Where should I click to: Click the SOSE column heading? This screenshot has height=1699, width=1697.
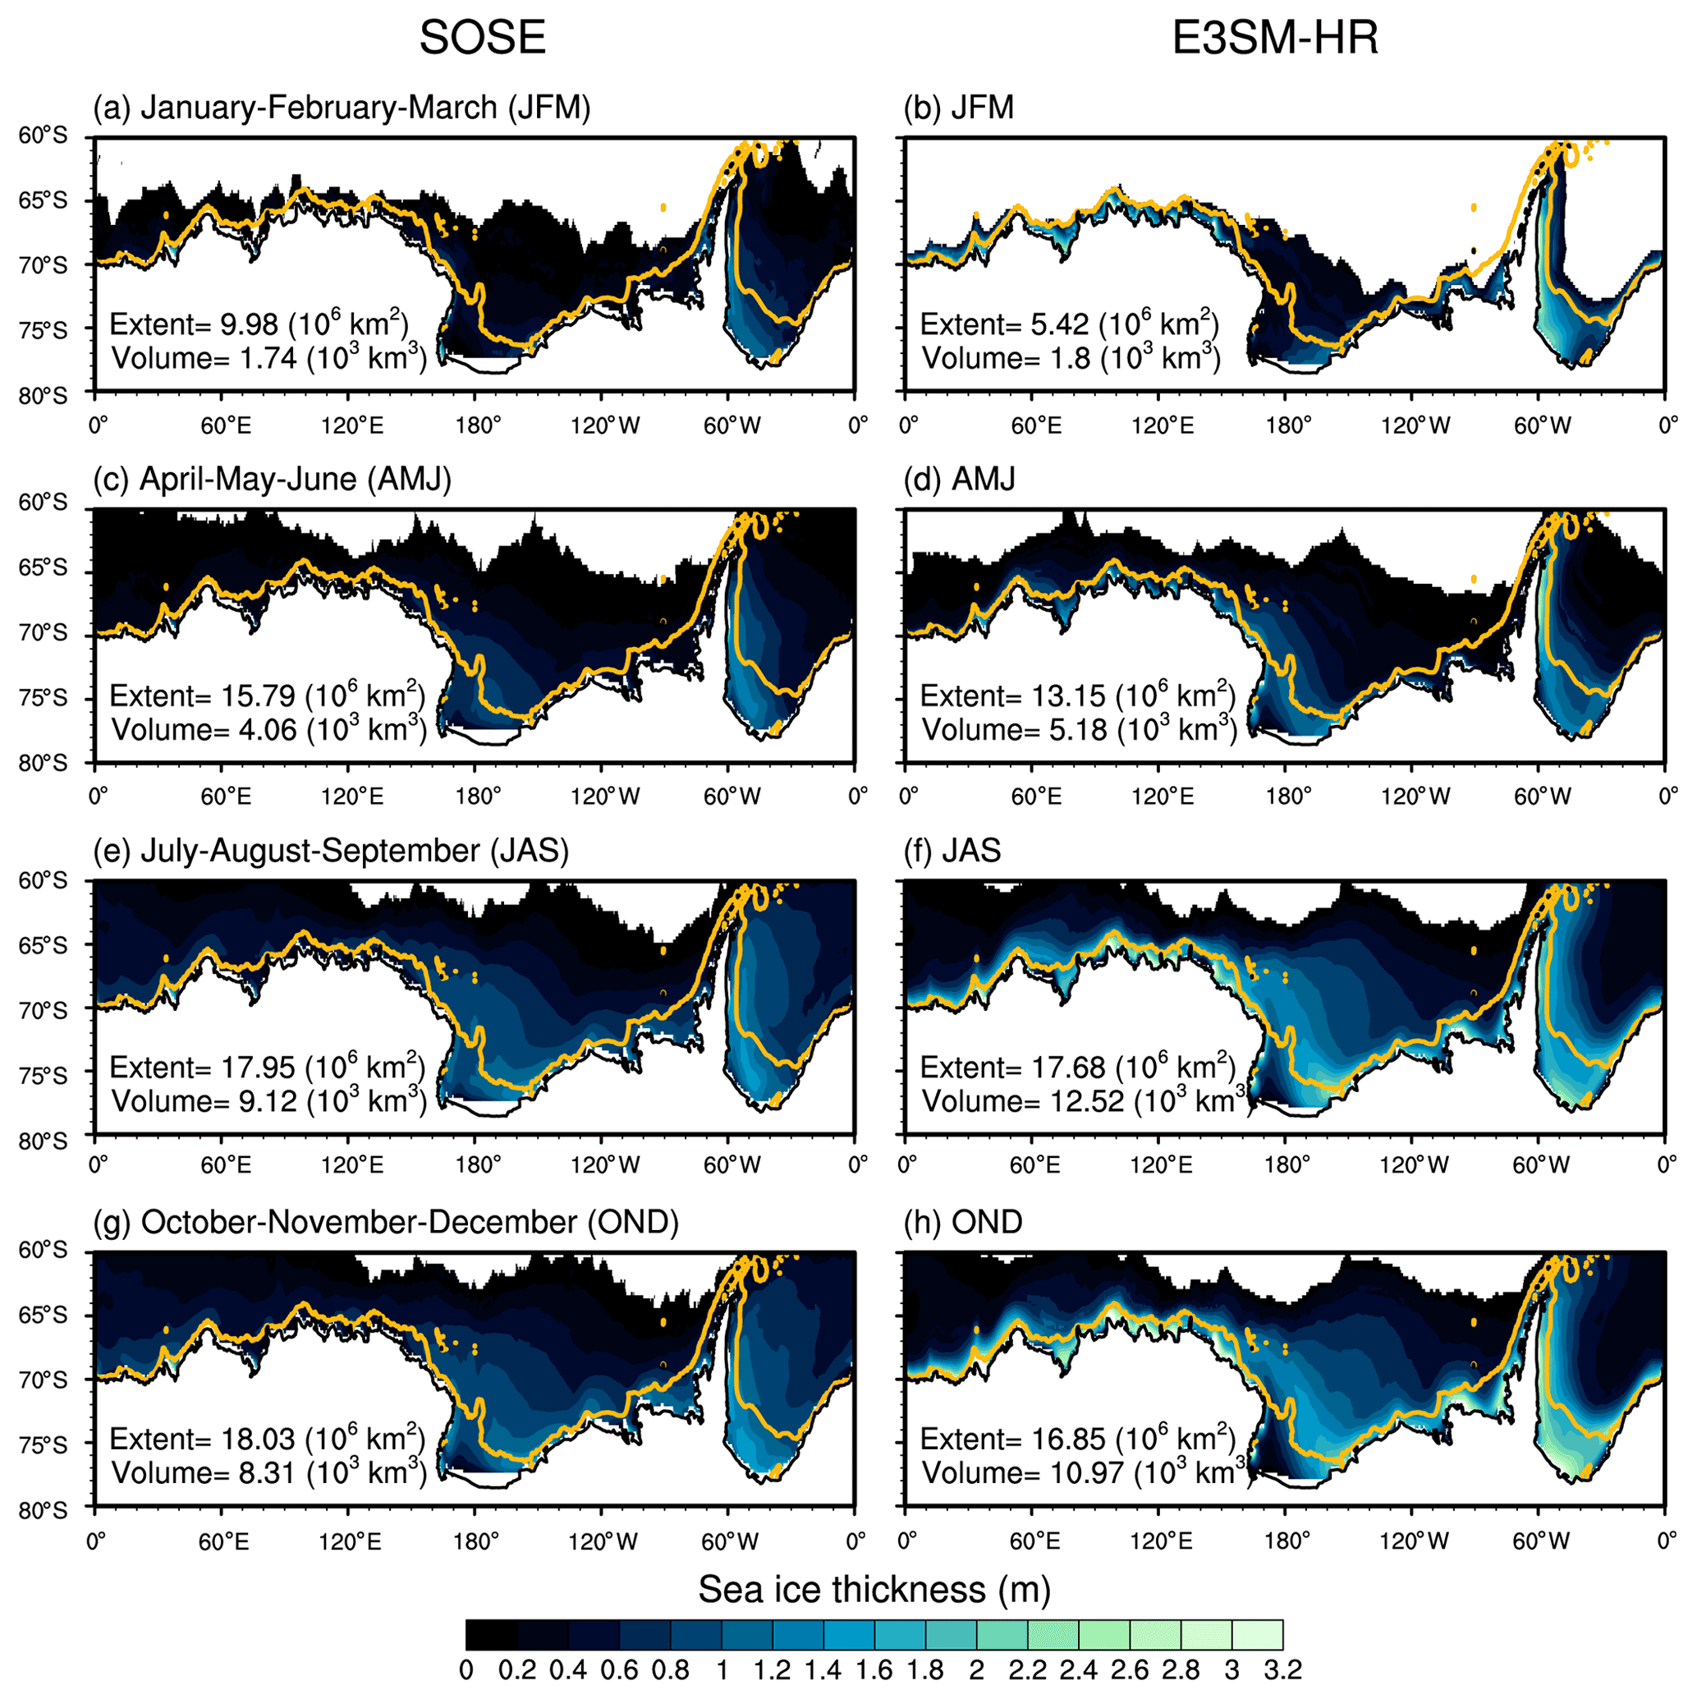[482, 38]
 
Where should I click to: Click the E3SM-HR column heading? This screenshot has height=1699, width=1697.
[1275, 38]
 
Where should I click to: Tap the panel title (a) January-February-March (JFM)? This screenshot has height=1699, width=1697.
[342, 108]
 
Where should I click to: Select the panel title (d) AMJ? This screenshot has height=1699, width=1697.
[961, 480]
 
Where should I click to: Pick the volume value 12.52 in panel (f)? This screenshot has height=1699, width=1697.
[1086, 1102]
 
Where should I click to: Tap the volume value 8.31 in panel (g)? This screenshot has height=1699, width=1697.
[267, 1473]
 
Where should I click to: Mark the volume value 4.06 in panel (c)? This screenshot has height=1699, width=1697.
[268, 730]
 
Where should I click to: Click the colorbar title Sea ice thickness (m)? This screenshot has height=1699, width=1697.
[874, 1590]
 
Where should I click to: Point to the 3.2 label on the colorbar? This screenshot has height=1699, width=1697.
[1283, 1670]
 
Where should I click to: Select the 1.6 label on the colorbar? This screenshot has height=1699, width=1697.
[874, 1670]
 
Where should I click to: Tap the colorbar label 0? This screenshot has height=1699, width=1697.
[467, 1670]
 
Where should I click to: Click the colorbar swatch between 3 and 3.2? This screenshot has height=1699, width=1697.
[1258, 1635]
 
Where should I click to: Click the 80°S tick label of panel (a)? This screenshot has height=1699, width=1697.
[42, 396]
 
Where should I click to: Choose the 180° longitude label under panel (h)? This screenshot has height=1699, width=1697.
[1289, 1541]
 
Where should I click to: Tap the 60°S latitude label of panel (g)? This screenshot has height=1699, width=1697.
[42, 1251]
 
